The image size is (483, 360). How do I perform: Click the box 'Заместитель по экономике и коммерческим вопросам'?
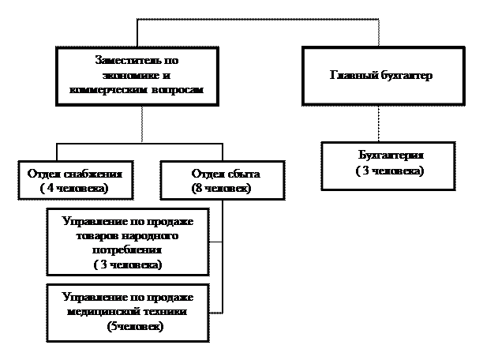click(137, 76)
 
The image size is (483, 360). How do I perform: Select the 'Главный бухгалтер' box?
click(383, 76)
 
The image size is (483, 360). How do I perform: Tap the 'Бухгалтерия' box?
click(388, 165)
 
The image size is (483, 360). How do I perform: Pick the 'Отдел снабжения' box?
click(74, 181)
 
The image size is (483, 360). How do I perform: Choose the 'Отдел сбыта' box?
click(222, 181)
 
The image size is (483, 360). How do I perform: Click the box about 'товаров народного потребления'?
click(127, 242)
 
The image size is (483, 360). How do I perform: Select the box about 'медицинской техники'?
click(127, 313)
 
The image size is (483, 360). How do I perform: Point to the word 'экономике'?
click(126, 75)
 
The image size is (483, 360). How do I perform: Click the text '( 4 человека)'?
click(73, 189)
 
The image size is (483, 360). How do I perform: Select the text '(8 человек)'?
click(220, 189)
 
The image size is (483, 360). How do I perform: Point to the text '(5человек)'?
click(135, 327)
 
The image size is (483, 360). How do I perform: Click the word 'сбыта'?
click(242, 174)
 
